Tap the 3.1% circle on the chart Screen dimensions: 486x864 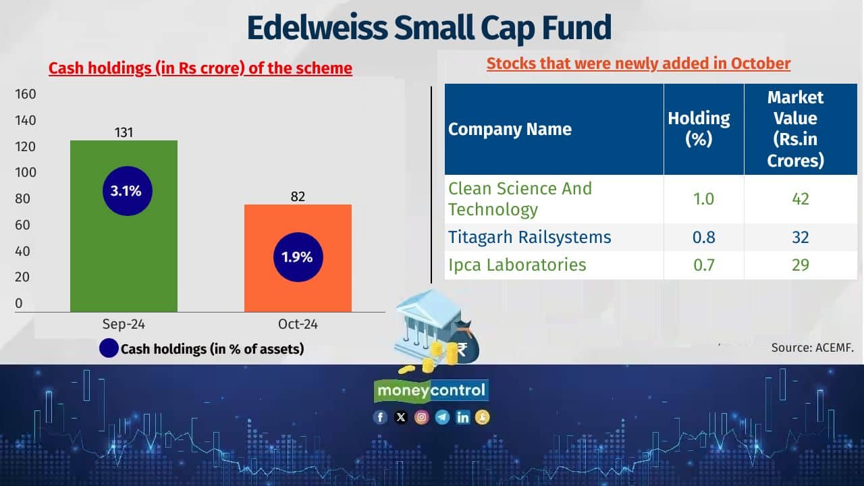pos(126,191)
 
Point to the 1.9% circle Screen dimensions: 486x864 pos(298,257)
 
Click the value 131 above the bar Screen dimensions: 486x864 pos(124,132)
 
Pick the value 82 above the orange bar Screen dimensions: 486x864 pos(298,196)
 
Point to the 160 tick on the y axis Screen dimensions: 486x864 pos(26,94)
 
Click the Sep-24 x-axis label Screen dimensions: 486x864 pos(124,324)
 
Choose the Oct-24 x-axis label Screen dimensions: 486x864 pos(298,324)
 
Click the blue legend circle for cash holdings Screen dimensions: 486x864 pos(109,348)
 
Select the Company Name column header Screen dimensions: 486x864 pos(510,129)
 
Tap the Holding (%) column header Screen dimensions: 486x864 pos(699,128)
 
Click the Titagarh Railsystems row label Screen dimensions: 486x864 pos(530,238)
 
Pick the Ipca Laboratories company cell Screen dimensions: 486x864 pos(517,265)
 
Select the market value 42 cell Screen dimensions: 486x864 pos(801,199)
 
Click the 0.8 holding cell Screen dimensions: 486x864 pos(704,238)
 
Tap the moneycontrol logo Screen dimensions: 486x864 pos(431,390)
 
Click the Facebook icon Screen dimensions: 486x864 pos(381,417)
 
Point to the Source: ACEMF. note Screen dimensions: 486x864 pos(813,348)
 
